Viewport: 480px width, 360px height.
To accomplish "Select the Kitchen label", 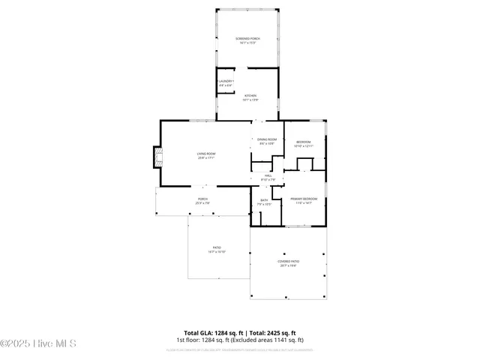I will (x=250, y=95).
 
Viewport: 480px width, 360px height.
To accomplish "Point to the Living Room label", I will (x=206, y=154).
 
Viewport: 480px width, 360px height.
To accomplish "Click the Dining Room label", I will (x=268, y=139).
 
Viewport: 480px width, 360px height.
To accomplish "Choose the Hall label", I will (x=268, y=175).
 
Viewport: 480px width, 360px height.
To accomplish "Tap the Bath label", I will (x=264, y=199).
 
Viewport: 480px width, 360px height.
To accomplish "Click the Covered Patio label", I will (x=288, y=261).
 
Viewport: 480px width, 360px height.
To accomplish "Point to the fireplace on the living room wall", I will (x=157, y=156).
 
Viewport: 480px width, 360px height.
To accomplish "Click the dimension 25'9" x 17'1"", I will (x=206, y=158).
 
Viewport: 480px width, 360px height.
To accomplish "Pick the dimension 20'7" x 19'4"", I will (x=288, y=265).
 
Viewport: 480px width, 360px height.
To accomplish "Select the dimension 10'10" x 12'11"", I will (x=304, y=146).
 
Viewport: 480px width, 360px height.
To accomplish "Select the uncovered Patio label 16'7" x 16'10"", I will (x=217, y=250).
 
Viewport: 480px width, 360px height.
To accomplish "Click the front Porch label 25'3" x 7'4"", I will (x=202, y=201).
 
